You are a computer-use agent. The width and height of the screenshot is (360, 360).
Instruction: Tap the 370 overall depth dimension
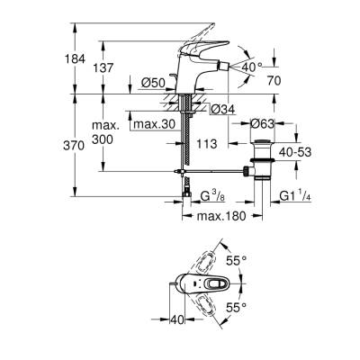(78, 145)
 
